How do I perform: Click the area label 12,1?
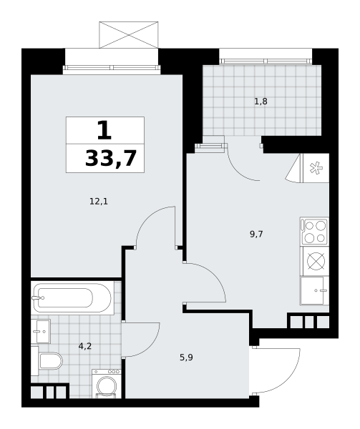coord(99,202)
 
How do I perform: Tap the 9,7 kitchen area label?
coord(256,235)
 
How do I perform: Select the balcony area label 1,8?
coord(261,102)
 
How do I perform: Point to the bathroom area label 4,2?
coord(85,347)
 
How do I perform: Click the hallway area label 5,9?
coord(186,357)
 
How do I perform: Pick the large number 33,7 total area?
coord(111,159)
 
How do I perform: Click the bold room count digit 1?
coord(104,130)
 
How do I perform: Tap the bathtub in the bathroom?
coord(72,298)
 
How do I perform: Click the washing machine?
coord(107,383)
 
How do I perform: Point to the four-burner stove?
coord(314,232)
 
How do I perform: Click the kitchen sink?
coord(314,290)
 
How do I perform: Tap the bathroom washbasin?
coord(41,331)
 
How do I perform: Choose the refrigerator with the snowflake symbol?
coord(316,168)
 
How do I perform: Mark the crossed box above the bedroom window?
coord(129,35)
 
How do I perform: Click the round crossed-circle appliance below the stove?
coord(316,261)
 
